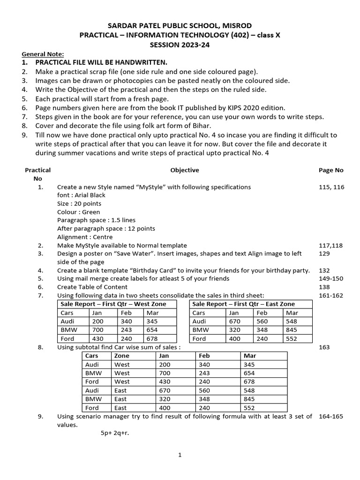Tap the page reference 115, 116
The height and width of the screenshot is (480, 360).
coord(331,187)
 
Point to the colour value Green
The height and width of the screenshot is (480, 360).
coord(91,212)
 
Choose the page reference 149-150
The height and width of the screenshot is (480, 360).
coord(331,278)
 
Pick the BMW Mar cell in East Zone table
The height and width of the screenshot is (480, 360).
coord(292,330)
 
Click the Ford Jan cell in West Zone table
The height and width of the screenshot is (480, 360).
coord(97,338)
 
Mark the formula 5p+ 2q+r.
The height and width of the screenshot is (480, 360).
coord(114,433)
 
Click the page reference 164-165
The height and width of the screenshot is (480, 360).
coord(331,416)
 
